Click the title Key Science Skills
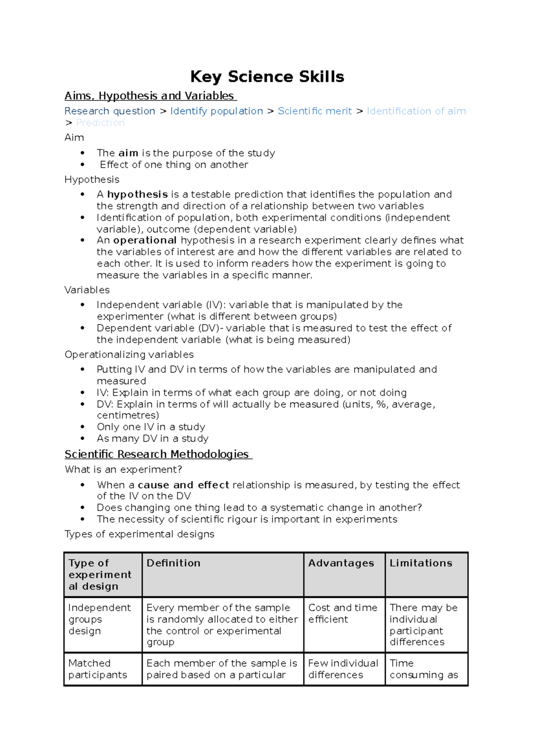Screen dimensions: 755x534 [267, 77]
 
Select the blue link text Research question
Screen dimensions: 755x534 [109, 111]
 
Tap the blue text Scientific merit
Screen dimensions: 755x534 [315, 111]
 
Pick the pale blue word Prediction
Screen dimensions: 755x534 [100, 123]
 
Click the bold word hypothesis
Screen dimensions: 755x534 [138, 194]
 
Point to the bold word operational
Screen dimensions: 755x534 [145, 240]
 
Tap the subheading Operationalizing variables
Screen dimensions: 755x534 [129, 354]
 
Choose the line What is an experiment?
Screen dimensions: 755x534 [123, 470]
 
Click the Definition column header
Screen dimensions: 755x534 [174, 563]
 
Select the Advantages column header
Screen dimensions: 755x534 [341, 563]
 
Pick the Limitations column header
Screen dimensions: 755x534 [421, 563]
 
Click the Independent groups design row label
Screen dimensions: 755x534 [99, 619]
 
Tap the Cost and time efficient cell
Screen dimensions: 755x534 [342, 613]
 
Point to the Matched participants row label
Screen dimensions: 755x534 [97, 669]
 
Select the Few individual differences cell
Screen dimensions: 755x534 [343, 669]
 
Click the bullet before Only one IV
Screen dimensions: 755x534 [83, 427]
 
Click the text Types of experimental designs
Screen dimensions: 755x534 [139, 534]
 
